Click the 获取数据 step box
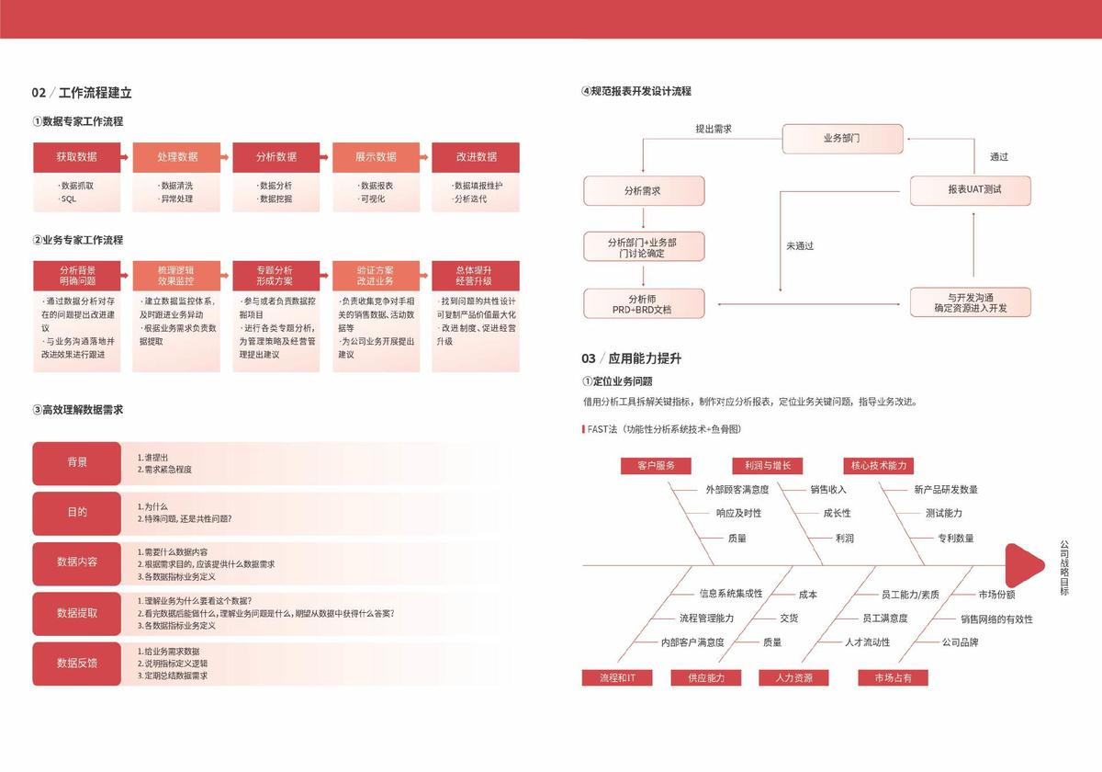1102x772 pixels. pos(76,157)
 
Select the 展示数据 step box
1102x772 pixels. pos(376,157)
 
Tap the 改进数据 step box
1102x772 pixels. pos(476,157)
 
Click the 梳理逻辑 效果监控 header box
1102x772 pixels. pos(176,276)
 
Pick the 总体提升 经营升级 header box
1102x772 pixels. pos(476,276)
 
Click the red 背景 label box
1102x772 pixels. pos(77,463)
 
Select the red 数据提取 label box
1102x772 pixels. pos(77,613)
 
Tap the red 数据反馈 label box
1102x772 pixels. pos(77,663)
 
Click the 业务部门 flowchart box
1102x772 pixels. pos(841,139)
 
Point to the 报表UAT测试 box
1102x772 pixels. pos(970,190)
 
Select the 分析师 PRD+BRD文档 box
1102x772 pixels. pos(644,304)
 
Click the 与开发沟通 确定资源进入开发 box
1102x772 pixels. pos(970,302)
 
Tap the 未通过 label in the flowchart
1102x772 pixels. pos(800,246)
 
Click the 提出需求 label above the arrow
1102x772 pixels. pos(714,130)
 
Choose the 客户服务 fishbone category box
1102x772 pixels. pos(656,466)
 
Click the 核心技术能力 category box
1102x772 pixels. pos(879,466)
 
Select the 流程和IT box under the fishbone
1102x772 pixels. pos(617,678)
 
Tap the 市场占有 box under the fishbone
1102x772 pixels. pos(893,678)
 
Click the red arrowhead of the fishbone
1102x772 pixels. pos(1022,565)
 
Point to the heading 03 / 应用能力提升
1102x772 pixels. pos(631,358)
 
